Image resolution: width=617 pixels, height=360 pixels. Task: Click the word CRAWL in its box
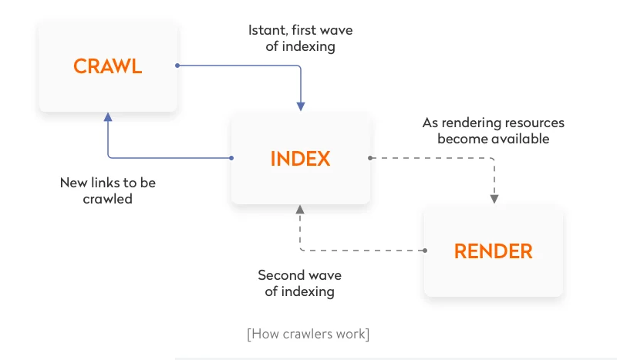click(108, 66)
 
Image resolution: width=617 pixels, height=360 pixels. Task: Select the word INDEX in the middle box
click(300, 159)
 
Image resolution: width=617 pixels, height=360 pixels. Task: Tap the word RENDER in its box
click(493, 251)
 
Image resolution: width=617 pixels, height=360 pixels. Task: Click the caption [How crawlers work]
click(308, 334)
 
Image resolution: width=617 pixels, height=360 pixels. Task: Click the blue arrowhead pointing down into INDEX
click(301, 106)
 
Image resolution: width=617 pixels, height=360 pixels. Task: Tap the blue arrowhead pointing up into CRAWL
click(108, 117)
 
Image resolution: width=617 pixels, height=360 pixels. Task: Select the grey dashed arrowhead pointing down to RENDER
click(494, 199)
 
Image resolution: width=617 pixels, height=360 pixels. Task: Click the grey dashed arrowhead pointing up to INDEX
click(301, 210)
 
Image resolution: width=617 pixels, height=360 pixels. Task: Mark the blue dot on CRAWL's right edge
click(177, 66)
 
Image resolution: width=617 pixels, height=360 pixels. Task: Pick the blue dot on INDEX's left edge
click(231, 158)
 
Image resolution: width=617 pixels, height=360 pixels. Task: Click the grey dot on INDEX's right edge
click(370, 158)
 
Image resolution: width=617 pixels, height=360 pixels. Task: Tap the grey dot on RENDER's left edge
click(424, 251)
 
